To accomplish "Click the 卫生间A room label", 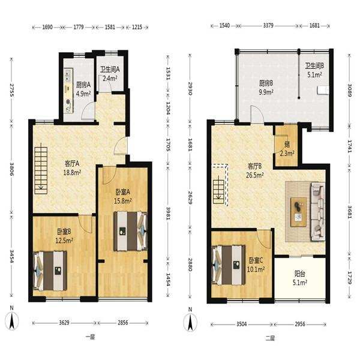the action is [110, 69].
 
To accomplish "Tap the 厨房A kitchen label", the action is [83, 85].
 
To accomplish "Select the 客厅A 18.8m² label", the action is [72, 168].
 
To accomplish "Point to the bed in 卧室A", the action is [130, 231].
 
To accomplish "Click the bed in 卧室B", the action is [50, 271].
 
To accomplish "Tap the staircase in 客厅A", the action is [41, 170].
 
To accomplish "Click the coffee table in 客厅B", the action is [298, 212].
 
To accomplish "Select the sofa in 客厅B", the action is [318, 211].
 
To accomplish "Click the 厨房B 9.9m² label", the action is [266, 87].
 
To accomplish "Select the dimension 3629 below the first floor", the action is [64, 323].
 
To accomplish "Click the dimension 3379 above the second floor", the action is [268, 25].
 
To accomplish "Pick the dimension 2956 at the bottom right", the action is [300, 324].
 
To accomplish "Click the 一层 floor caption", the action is [90, 337].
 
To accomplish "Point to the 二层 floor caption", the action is [270, 338].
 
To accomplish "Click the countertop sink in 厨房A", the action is [68, 74].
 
